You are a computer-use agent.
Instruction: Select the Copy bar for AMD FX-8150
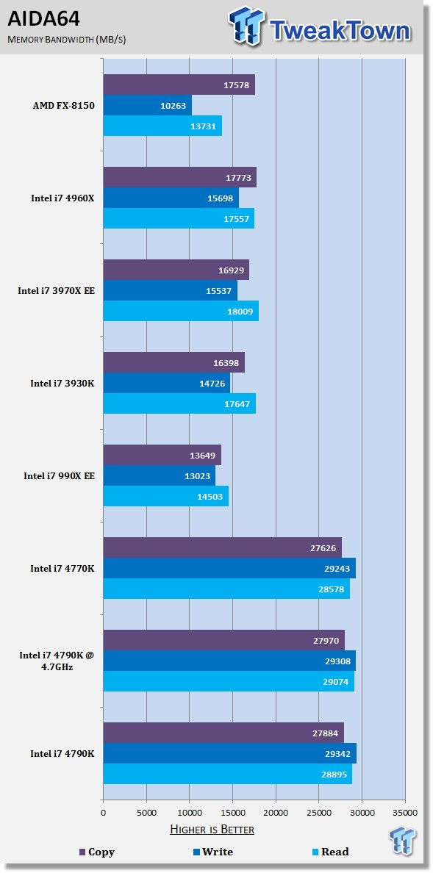coord(179,85)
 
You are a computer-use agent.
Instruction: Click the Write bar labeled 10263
coord(148,105)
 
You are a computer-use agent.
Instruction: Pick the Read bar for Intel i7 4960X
coord(179,218)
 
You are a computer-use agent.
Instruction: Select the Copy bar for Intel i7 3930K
coord(174,362)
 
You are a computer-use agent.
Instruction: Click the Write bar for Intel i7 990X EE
coord(160,475)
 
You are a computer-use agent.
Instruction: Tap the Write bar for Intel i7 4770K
coord(229,568)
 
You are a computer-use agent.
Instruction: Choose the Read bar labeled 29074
coord(229,681)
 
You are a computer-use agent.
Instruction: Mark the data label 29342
coord(335,753)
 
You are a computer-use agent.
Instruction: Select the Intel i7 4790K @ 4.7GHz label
coord(63,661)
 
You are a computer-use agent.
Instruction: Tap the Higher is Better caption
coord(212,830)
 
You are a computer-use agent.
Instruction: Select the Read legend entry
coord(331,852)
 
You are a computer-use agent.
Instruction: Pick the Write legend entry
coord(212,852)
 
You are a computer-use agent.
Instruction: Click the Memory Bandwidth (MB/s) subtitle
coord(66,40)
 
